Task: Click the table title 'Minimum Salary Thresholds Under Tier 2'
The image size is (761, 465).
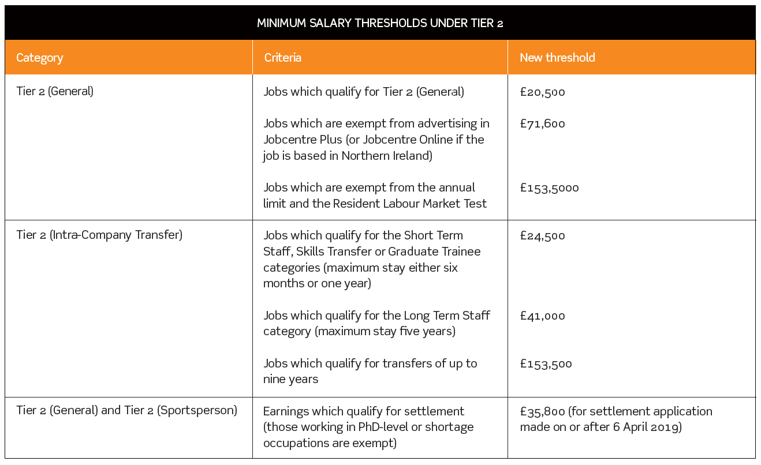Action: [x=380, y=23]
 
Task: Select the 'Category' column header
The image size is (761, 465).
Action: [x=39, y=58]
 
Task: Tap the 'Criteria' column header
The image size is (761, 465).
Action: [x=282, y=58]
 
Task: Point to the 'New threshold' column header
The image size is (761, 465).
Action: [x=557, y=58]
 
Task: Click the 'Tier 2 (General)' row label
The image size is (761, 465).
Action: [x=55, y=91]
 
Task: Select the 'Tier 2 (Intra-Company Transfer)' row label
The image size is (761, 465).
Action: [x=99, y=235]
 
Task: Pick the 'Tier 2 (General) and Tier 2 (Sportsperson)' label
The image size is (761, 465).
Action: [x=126, y=410]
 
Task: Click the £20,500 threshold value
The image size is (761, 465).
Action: [x=542, y=92]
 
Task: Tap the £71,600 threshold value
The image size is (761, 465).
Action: [x=542, y=123]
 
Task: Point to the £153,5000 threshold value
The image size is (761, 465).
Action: [x=549, y=187]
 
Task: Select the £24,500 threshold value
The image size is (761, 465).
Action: [x=542, y=235]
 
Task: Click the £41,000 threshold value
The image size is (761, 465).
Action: [x=542, y=316]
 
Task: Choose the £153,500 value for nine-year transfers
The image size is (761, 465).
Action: [x=546, y=363]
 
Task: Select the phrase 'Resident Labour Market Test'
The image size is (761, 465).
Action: [x=410, y=204]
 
